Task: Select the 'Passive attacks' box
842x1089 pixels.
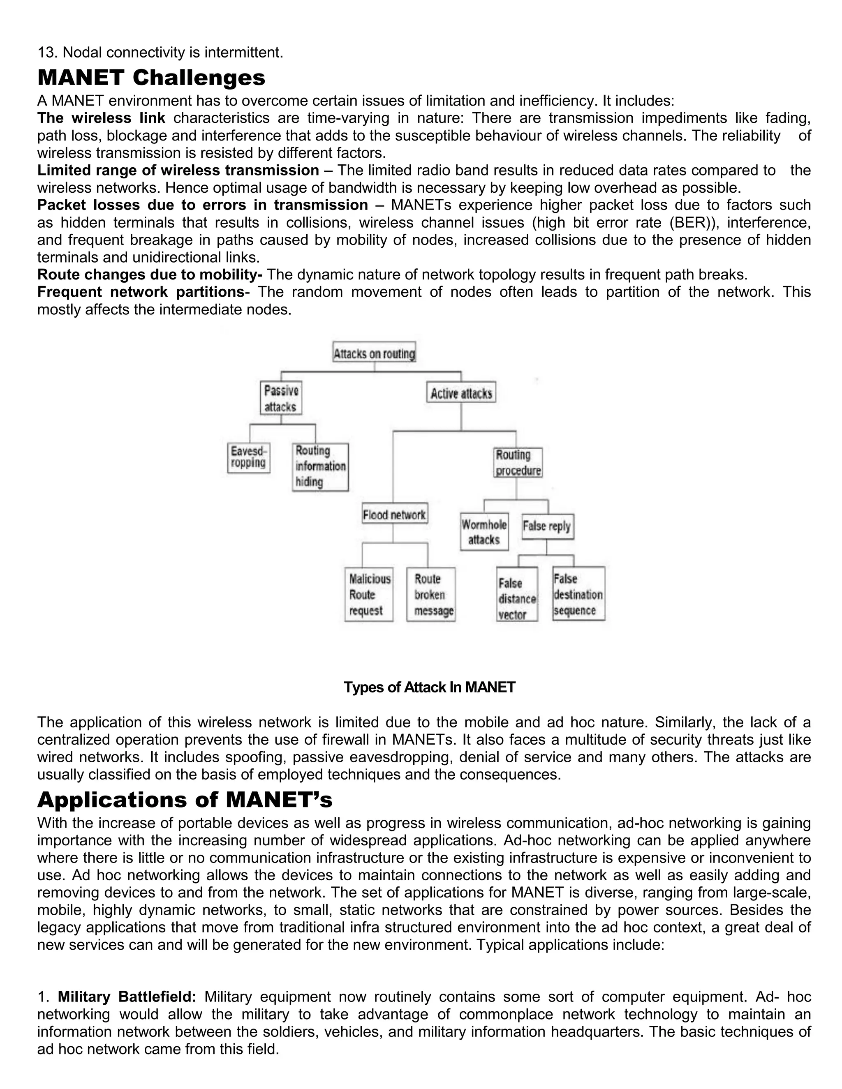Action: pyautogui.click(x=281, y=398)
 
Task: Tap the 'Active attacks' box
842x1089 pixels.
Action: pyautogui.click(x=461, y=393)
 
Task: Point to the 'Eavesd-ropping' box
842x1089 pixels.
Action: pyautogui.click(x=248, y=458)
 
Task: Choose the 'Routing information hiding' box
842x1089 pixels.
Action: pyautogui.click(x=320, y=467)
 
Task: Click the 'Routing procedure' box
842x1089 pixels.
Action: pyautogui.click(x=518, y=463)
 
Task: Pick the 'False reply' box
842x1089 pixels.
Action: pyautogui.click(x=547, y=526)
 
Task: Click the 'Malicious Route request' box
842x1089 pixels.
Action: pyautogui.click(x=369, y=594)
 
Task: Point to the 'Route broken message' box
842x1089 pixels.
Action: pyautogui.click(x=431, y=594)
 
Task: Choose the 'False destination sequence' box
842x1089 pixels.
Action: pyautogui.click(x=578, y=594)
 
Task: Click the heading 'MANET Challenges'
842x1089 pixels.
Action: pyautogui.click(x=151, y=78)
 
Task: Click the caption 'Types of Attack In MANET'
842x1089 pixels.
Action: pyautogui.click(x=429, y=688)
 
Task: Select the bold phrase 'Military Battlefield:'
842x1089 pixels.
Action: pyautogui.click(x=127, y=997)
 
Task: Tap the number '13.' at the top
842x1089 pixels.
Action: pyautogui.click(x=48, y=52)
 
